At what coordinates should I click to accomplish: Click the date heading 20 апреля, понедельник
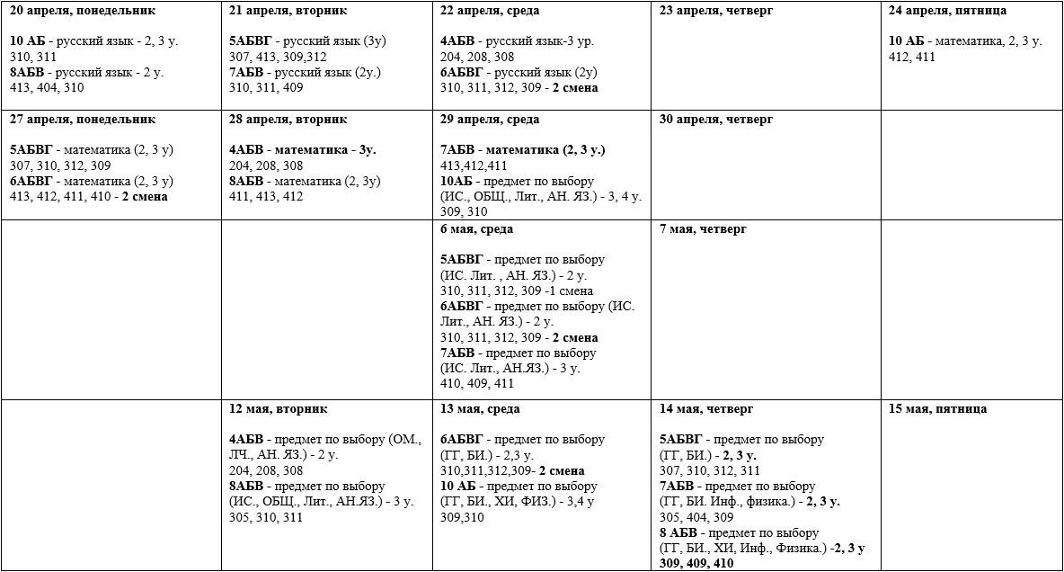point(82,11)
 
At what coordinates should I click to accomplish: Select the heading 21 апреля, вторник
point(288,11)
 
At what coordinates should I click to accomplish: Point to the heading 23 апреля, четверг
point(716,11)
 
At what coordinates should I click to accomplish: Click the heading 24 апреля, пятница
point(947,11)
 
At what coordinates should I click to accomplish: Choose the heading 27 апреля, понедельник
point(82,119)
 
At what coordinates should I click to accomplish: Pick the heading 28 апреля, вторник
point(288,119)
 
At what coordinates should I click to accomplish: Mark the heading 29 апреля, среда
point(491,119)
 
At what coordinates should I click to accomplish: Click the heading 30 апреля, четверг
point(716,119)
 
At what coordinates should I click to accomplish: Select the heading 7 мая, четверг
point(702,228)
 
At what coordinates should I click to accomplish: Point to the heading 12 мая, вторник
point(278,408)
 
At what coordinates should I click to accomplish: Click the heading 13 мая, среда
point(480,408)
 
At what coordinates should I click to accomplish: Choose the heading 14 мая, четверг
point(706,408)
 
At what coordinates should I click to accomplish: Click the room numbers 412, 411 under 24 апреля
point(912,57)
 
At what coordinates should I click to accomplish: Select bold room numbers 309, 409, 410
point(696,563)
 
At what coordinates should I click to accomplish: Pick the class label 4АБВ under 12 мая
point(246,440)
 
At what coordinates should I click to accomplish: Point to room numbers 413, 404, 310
point(47,87)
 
